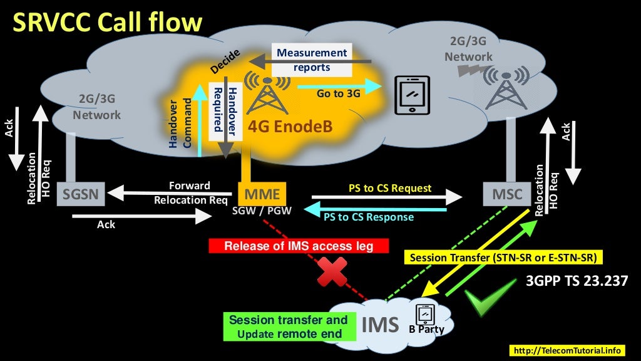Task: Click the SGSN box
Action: pos(80,194)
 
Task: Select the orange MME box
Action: pos(262,193)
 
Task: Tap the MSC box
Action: pos(506,194)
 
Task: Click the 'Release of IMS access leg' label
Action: pos(299,246)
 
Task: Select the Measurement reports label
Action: pos(311,60)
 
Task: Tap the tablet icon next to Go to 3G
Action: pos(411,95)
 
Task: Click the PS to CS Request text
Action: pos(390,187)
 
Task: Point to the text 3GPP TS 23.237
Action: pos(577,281)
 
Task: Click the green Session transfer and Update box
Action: pos(289,327)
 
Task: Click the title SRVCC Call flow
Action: pos(108,23)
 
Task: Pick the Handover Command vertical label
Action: pos(180,123)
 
